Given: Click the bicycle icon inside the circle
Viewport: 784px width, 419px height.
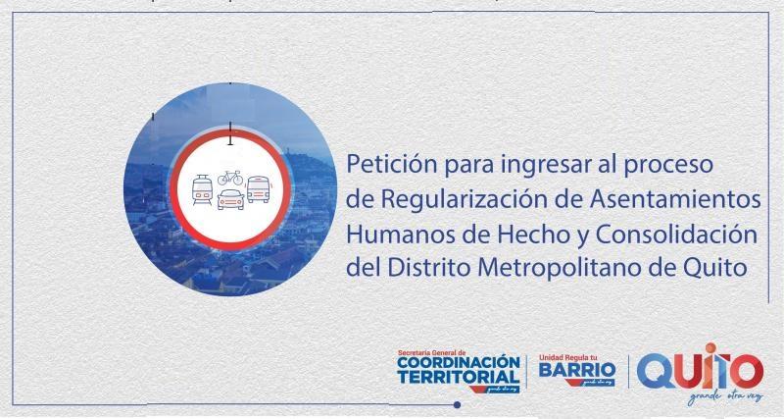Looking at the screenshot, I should [230, 178].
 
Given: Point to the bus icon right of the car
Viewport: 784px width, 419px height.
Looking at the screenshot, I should [258, 188].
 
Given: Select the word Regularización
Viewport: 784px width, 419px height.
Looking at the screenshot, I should [465, 199].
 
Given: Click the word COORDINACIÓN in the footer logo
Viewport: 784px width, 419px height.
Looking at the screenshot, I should [458, 363].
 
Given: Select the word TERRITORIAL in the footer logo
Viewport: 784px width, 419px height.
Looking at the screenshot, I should [458, 378].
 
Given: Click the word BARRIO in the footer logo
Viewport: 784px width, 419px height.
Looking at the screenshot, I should [577, 372].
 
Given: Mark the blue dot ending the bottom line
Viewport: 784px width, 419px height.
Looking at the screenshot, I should [458, 403].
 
